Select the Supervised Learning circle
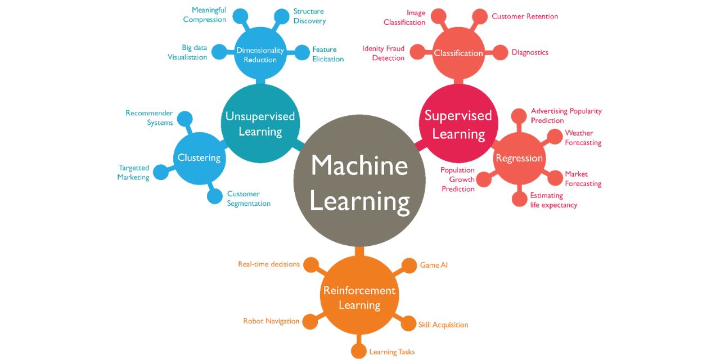[458, 124]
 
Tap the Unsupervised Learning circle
[260, 123]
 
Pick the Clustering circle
[199, 158]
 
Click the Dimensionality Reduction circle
[260, 55]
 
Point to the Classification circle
[458, 53]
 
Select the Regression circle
[519, 158]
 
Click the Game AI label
[434, 265]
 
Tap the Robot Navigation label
[271, 321]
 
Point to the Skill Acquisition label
[443, 325]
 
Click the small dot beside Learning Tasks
[358, 351]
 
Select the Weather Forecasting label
[583, 138]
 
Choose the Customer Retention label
[525, 16]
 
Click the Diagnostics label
[530, 52]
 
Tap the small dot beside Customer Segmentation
[215, 196]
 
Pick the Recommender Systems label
[149, 118]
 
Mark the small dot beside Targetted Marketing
[161, 172]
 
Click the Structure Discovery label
[309, 16]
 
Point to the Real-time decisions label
[268, 264]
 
